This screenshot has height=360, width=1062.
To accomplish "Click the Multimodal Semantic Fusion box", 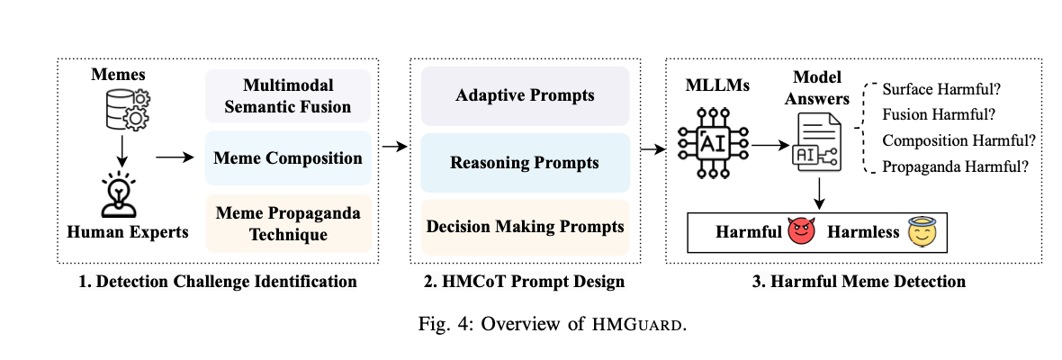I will pyautogui.click(x=288, y=97).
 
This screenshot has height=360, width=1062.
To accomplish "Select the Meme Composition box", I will pyautogui.click(x=288, y=158).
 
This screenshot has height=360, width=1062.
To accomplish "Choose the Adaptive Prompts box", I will pyautogui.click(x=526, y=94).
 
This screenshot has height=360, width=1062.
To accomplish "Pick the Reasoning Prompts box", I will pyautogui.click(x=526, y=162).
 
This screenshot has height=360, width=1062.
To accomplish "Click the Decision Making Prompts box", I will pyautogui.click(x=526, y=226).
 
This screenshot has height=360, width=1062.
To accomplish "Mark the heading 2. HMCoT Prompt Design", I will pyautogui.click(x=526, y=282).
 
